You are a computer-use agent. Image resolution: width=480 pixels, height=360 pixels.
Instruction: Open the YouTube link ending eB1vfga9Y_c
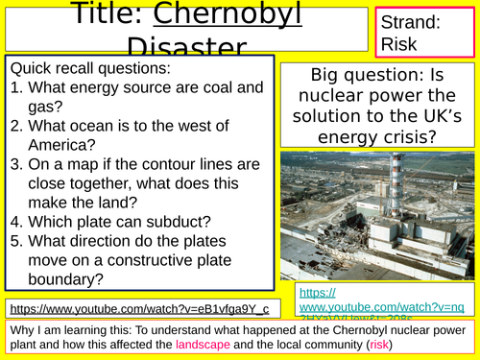(144, 307)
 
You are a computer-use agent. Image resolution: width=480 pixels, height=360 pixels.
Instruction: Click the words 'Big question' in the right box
(356, 78)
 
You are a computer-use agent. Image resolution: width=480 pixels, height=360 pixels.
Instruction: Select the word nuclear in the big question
(336, 101)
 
